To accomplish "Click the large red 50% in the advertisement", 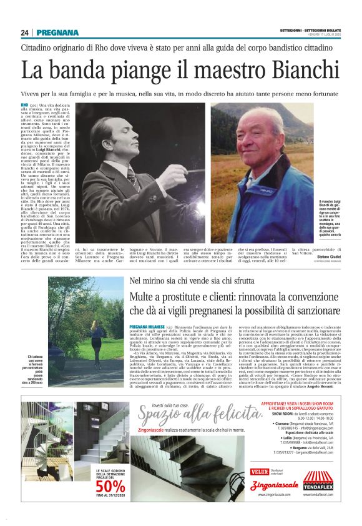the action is (110, 485).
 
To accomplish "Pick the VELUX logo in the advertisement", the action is (259, 472).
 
